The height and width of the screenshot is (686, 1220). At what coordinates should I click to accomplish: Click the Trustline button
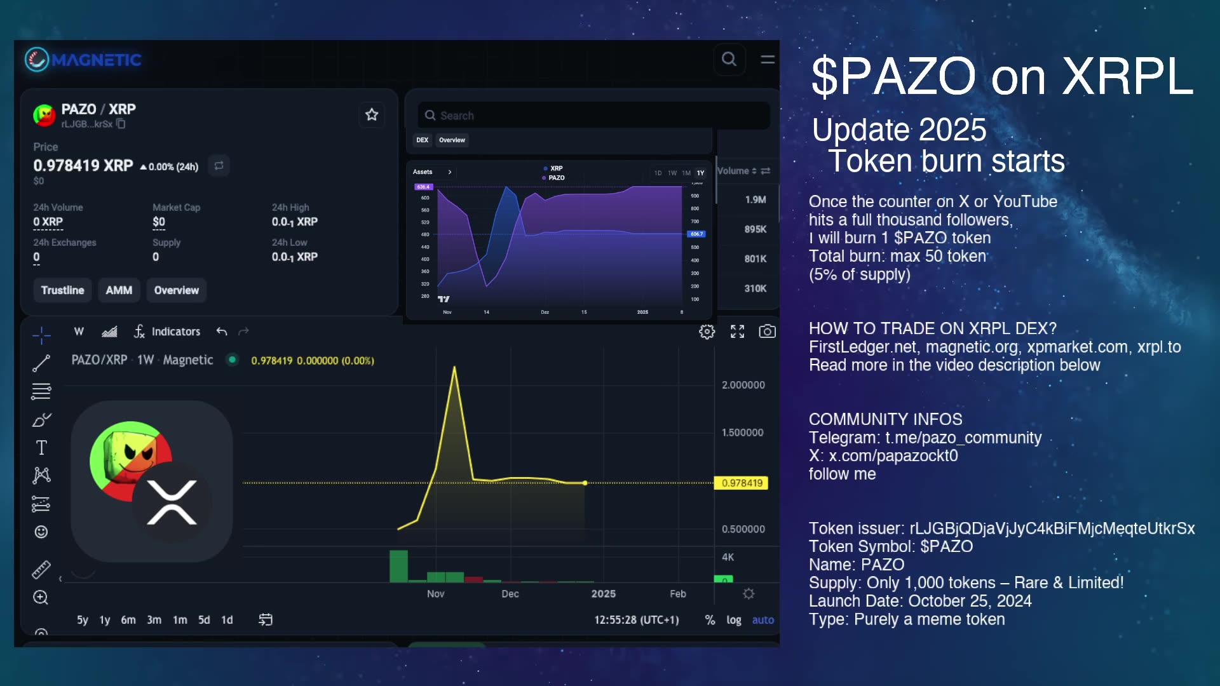tap(62, 290)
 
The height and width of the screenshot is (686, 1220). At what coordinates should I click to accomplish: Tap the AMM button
tap(119, 290)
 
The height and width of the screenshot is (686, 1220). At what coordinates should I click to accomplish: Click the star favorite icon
tap(372, 115)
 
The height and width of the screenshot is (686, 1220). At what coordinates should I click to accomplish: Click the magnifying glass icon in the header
tap(729, 60)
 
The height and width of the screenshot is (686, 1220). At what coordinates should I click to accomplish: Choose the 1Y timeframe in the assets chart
tap(700, 173)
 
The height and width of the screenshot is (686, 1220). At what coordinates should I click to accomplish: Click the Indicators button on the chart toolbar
tap(168, 332)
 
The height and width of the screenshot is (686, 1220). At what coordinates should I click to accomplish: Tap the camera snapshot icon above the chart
tap(767, 332)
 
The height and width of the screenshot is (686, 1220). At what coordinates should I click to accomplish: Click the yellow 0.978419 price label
tap(742, 483)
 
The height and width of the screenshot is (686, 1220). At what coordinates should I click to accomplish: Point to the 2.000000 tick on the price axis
tap(743, 385)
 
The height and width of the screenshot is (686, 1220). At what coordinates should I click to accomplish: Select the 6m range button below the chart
tap(128, 620)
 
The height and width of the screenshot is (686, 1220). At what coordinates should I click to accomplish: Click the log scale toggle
tap(734, 620)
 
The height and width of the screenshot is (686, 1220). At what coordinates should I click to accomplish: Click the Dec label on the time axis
tap(510, 594)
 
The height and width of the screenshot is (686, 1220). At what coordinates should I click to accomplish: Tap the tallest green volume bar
tap(398, 566)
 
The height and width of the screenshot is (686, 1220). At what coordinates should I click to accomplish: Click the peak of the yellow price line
tap(454, 368)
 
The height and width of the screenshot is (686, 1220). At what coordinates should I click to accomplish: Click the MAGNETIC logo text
tap(96, 60)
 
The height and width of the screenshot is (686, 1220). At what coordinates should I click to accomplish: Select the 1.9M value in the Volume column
tap(755, 199)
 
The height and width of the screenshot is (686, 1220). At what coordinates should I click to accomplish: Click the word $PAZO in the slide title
tap(893, 77)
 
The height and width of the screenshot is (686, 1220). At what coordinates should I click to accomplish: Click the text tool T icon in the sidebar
tap(41, 448)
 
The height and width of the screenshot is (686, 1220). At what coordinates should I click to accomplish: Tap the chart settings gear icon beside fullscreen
tap(707, 332)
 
